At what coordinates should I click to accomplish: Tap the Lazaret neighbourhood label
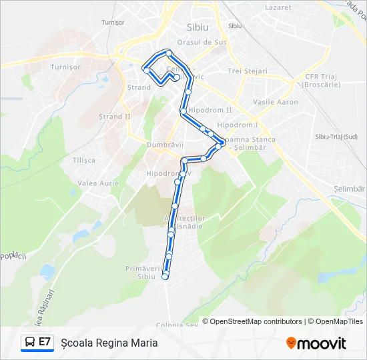[x=278, y=7]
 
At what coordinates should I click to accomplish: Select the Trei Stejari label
[x=247, y=71]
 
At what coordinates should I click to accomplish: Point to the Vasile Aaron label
[x=276, y=102]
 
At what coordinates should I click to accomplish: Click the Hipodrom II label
[x=210, y=110]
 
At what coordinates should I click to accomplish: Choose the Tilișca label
[x=84, y=160]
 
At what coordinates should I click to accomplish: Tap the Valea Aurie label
[x=98, y=183]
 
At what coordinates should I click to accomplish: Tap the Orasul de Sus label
[x=208, y=42]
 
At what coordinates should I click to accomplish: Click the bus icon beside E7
[x=30, y=343]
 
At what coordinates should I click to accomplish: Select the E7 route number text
[x=45, y=343]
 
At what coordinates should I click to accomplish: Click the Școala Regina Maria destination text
[x=109, y=343]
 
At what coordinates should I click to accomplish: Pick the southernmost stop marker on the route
[x=165, y=277]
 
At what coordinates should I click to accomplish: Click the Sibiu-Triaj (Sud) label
[x=336, y=137]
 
